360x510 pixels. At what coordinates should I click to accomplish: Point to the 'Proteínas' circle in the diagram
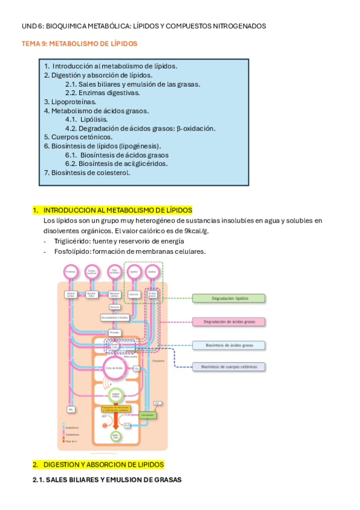click(x=70, y=272)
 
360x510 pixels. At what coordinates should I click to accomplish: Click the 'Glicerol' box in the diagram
click(x=133, y=294)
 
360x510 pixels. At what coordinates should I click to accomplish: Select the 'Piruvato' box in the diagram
click(x=114, y=331)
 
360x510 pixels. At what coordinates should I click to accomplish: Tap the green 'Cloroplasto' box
click(x=147, y=415)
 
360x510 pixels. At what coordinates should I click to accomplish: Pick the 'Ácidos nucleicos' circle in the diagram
click(x=92, y=272)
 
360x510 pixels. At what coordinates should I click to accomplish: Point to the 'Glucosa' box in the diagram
click(x=114, y=306)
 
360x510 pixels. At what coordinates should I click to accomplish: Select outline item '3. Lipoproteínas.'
click(x=70, y=102)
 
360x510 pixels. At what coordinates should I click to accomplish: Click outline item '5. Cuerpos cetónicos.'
click(x=78, y=137)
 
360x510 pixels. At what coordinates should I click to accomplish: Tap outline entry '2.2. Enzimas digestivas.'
click(x=102, y=93)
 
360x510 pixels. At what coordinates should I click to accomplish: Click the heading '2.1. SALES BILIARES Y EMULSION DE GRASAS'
click(x=106, y=479)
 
